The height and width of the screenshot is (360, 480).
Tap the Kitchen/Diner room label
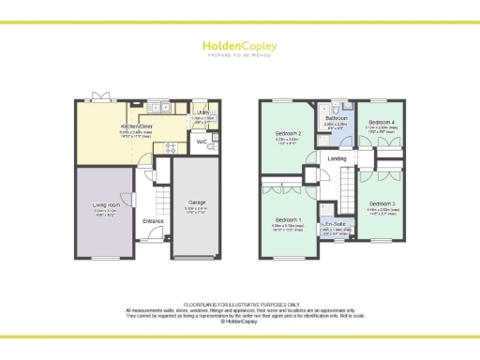tap(137, 126)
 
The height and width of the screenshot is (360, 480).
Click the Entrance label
tap(153, 221)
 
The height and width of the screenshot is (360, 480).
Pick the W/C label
tap(202, 142)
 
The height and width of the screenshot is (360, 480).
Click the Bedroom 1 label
tap(289, 221)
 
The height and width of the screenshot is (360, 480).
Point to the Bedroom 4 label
tap(380, 123)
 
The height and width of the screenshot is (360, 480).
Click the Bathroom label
tap(336, 118)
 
